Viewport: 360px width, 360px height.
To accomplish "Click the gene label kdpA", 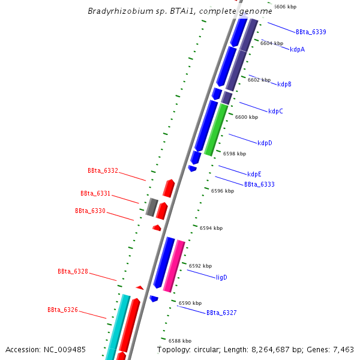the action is pos(297,49).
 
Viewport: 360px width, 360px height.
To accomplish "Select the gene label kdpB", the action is pos(284,84).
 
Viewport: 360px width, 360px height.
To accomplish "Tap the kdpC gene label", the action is pos(275,111).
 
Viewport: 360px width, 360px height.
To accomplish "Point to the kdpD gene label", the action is pos(265,143).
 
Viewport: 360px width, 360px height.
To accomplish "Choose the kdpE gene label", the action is pos(254,174).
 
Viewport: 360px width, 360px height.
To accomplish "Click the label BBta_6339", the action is pos(311,32).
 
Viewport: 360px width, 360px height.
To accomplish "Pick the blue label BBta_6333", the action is pos(259,184).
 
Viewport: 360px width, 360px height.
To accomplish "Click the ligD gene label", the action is pos(221,277).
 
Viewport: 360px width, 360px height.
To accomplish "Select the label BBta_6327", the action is pos(221,313).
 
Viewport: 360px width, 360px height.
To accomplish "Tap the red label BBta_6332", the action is pos(103,170).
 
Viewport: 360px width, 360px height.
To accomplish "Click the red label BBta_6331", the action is pos(95,193).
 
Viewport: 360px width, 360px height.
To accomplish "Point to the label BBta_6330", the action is pos(90,211).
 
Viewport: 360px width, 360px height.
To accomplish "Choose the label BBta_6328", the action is pos(73,271).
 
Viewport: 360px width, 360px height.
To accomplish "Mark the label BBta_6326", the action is pos(62,310).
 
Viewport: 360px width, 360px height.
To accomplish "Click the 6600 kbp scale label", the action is pos(246,117).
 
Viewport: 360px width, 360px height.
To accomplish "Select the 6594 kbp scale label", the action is pos(211,228).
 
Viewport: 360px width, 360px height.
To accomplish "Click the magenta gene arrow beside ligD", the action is pos(174,266).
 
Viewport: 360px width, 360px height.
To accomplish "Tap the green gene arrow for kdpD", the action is pos(216,129).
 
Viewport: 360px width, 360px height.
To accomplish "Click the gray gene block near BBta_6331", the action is pos(152,207).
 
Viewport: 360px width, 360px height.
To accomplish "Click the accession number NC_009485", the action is pos(65,349).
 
